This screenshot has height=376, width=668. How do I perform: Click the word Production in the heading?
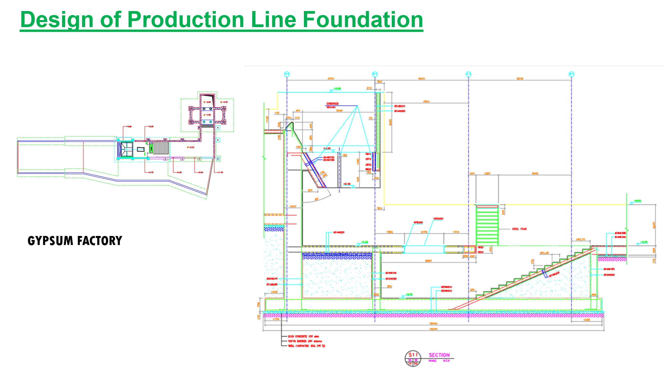pos(187,20)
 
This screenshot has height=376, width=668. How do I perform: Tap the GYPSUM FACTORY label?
pos(75,241)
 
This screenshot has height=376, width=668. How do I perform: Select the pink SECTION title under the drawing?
pos(439,355)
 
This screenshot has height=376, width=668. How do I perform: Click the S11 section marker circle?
pos(413,359)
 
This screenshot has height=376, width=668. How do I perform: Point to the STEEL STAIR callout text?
pos(519,229)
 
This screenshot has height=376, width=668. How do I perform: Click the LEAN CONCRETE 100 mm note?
pos(303,336)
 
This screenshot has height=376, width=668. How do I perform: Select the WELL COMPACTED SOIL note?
pos(306,346)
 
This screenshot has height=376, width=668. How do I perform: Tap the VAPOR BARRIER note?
pos(305,341)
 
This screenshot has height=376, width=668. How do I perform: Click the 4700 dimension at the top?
pos(331,79)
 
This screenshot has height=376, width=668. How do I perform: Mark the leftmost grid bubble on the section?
pos(287,74)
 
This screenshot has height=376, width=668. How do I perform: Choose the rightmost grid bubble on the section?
pos(571,74)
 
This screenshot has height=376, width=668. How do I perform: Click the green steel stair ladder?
pos(487,226)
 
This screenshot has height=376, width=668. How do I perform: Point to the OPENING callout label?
pos(438,219)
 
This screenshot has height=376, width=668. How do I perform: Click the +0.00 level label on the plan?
pos(151,127)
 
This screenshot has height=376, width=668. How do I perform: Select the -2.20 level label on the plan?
pos(190,147)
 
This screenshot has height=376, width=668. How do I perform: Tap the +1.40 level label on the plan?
pos(220,172)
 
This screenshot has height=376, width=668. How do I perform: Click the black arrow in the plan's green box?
pos(151,147)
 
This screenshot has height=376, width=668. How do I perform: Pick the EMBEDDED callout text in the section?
pos(332,104)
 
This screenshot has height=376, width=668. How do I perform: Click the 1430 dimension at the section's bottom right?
pos(587,320)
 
